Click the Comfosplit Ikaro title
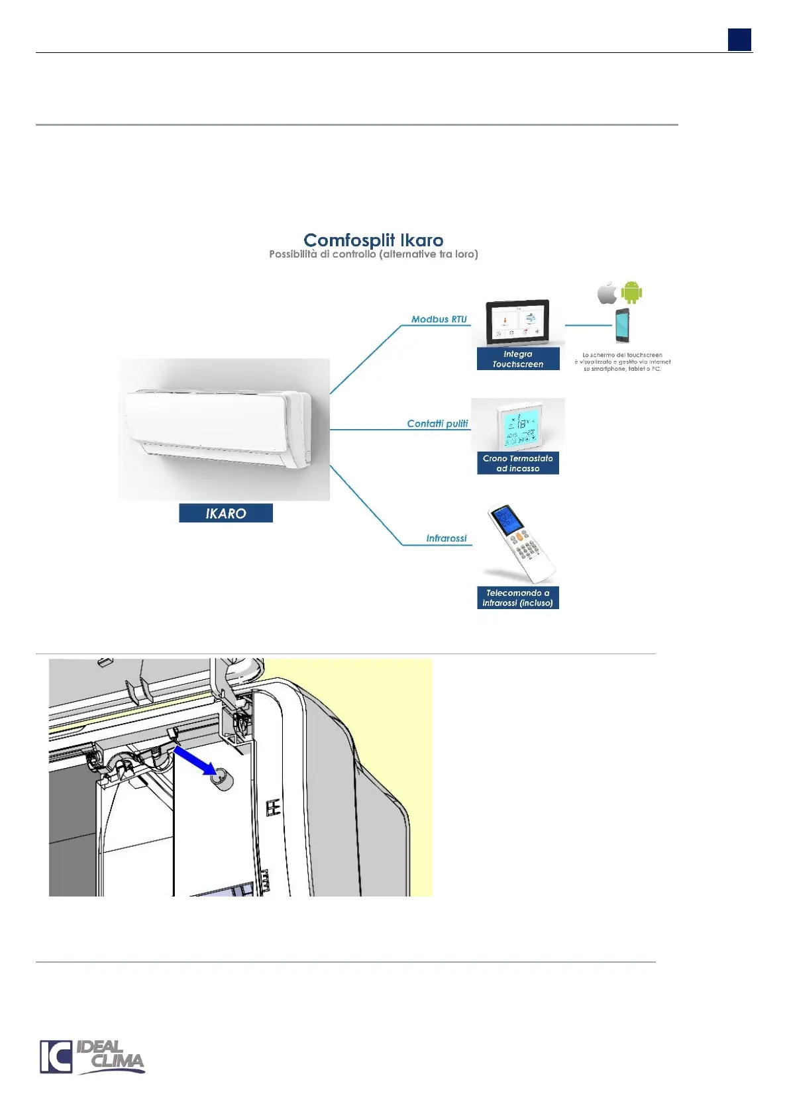[x=373, y=240]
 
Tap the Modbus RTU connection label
[x=439, y=319]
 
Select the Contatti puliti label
[x=437, y=424]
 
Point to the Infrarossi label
[x=446, y=538]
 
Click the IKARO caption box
[x=225, y=513]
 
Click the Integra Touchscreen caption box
[x=517, y=359]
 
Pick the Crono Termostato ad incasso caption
[x=517, y=463]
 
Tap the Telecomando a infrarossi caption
[x=517, y=598]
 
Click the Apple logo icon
[x=607, y=292]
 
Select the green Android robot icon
[x=631, y=291]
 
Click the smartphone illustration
[x=622, y=325]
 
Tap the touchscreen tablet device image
[x=517, y=322]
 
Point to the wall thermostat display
[x=517, y=426]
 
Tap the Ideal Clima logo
[x=92, y=1057]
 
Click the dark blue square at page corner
[x=739, y=40]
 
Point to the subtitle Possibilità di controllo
[x=373, y=254]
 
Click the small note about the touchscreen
[x=622, y=362]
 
